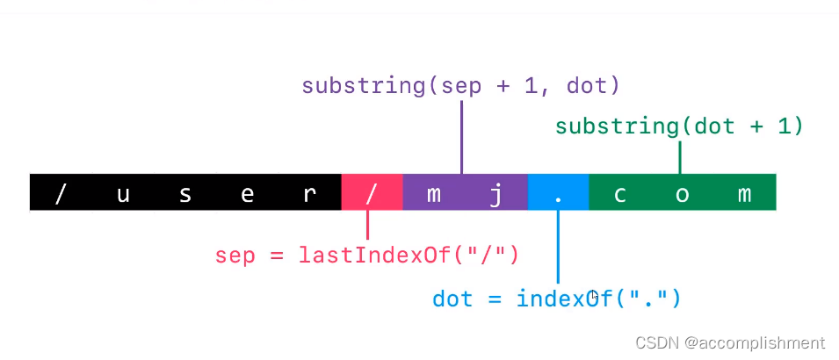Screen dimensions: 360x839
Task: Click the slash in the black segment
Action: (61, 193)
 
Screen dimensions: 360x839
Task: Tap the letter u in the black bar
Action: (123, 194)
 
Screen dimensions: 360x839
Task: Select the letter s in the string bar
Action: (185, 194)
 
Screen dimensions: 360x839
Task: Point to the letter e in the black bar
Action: (248, 194)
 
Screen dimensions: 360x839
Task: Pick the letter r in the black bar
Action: (309, 194)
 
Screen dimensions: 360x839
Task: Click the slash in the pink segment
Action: (372, 193)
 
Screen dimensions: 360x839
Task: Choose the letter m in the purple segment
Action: (434, 194)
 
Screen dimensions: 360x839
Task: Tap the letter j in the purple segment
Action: (495, 194)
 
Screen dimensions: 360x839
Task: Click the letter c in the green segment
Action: (620, 194)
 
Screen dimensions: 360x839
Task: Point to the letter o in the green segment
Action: (683, 194)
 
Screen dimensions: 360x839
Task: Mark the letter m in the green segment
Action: (744, 194)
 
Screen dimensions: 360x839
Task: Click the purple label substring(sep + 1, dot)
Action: (460, 86)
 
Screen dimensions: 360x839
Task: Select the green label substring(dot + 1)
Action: (679, 126)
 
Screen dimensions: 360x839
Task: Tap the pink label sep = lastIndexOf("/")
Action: (367, 256)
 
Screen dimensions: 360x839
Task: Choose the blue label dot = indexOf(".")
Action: (557, 299)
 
